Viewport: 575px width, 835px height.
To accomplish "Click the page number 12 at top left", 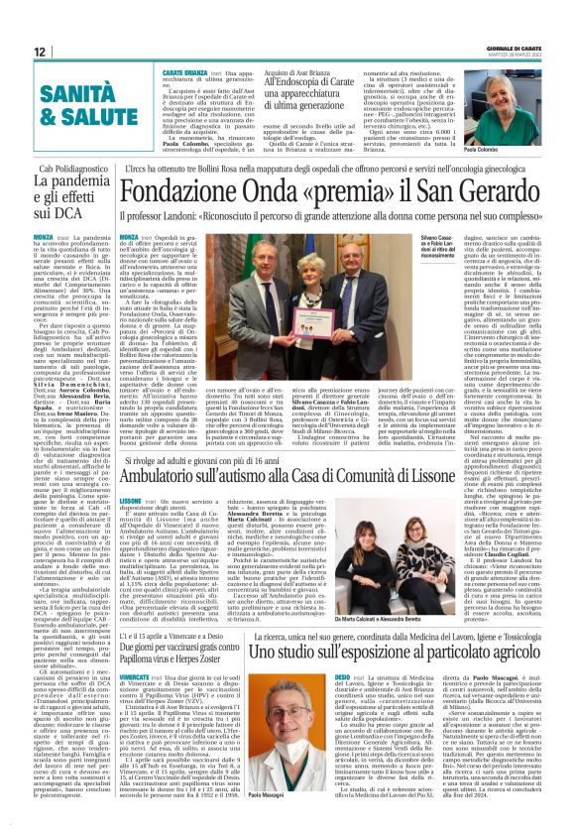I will pos(41,52).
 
